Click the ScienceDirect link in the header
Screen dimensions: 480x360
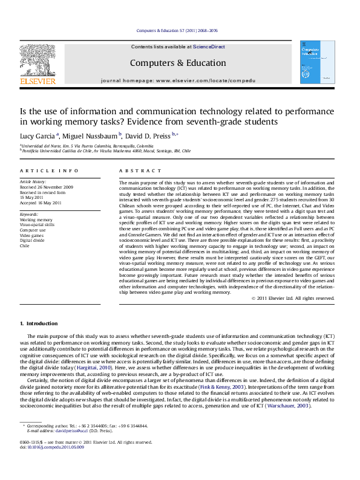[209, 47]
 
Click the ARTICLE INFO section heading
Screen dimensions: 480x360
[49, 172]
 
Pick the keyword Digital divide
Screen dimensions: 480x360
[32, 241]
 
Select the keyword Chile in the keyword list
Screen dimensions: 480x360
[24, 246]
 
